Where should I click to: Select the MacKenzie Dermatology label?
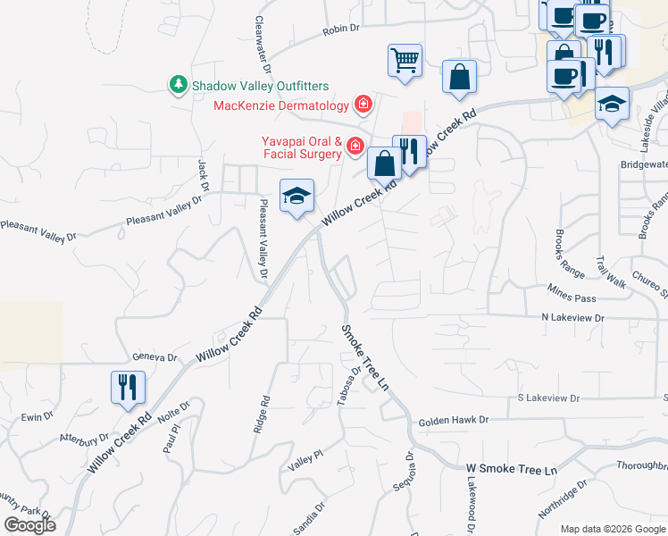[280, 106]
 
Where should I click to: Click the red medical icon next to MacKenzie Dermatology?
[363, 106]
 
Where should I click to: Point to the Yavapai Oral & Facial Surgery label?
[301, 147]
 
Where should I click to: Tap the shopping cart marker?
[405, 61]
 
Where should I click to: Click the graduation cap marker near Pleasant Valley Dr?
[297, 196]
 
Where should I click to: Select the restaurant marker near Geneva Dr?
[128, 387]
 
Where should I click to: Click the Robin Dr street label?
[340, 29]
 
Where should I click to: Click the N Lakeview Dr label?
[572, 317]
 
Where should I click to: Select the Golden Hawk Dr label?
[454, 419]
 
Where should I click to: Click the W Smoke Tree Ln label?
[512, 469]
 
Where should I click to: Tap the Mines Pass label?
[572, 297]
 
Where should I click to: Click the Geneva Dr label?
[155, 356]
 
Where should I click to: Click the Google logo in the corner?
[29, 524]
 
